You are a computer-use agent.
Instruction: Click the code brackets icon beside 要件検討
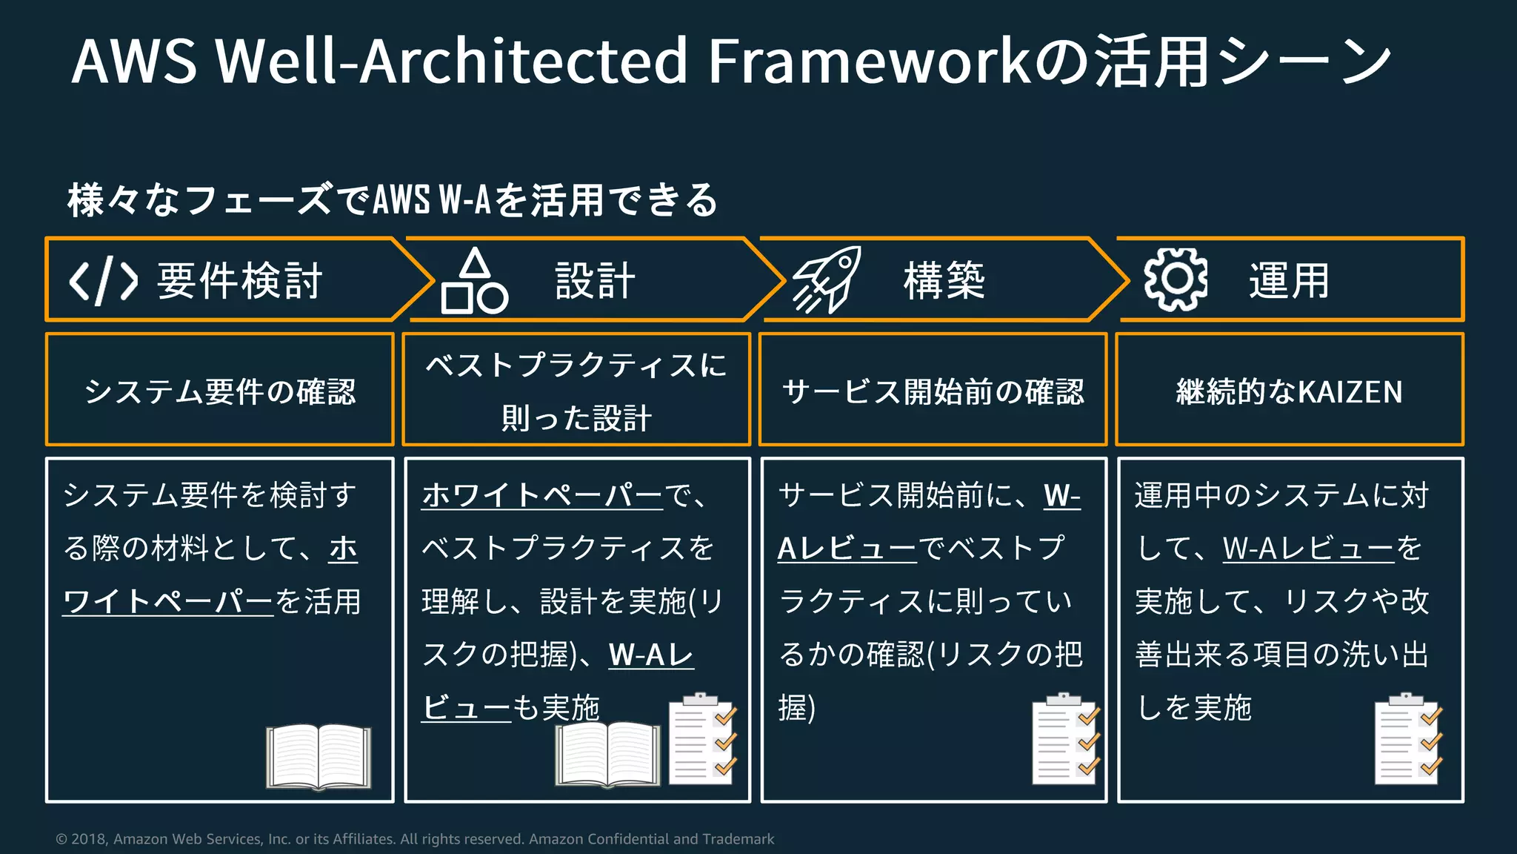(x=103, y=281)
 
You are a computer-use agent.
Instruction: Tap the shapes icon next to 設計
(x=474, y=282)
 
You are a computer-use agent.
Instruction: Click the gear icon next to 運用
(x=1176, y=279)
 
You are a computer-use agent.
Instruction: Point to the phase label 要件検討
(x=240, y=281)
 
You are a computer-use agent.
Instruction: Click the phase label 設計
(x=596, y=281)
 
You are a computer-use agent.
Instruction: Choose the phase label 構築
(x=944, y=281)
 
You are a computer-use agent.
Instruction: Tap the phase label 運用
(x=1290, y=281)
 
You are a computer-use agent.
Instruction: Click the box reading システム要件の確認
(x=220, y=391)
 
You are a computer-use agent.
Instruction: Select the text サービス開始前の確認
(x=933, y=391)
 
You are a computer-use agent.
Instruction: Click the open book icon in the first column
(x=319, y=757)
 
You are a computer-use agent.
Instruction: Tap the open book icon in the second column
(x=607, y=754)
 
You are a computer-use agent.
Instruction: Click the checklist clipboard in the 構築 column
(x=1066, y=739)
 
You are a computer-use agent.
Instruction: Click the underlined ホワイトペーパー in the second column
(x=542, y=495)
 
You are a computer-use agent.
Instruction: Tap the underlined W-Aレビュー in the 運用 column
(x=1308, y=549)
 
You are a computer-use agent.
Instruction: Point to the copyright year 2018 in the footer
(x=89, y=839)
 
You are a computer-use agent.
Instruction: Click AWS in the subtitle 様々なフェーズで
(x=401, y=200)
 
